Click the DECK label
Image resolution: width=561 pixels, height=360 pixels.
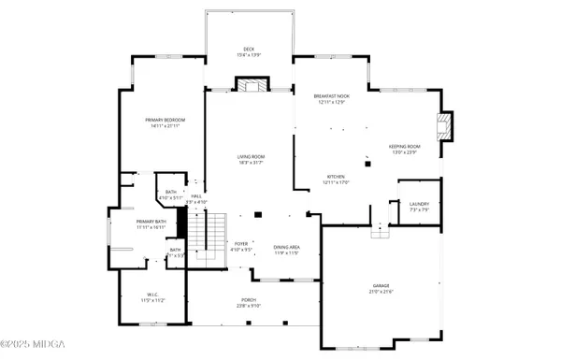pyautogui.click(x=249, y=49)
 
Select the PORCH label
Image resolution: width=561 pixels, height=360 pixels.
pyautogui.click(x=249, y=300)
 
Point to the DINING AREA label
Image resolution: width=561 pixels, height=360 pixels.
pyautogui.click(x=285, y=247)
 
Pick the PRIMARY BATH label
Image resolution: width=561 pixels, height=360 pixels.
pyautogui.click(x=125, y=222)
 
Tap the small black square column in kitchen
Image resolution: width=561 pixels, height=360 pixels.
pyautogui.click(x=368, y=164)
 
